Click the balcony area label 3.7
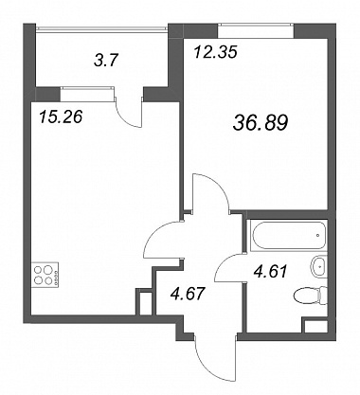pos(106,60)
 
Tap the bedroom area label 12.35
pos(215,52)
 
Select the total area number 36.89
pos(261,123)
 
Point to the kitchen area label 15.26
pos(61,117)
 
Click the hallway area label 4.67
pos(188,294)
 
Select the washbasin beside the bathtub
pos(319,266)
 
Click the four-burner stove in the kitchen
pos(45,275)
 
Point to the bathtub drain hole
pos(317,235)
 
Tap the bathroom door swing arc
pos(225,261)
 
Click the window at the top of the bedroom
pos(256,30)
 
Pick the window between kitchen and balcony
pos(86,94)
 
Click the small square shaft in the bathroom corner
pos(315,326)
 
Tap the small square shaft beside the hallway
pos(146,302)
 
